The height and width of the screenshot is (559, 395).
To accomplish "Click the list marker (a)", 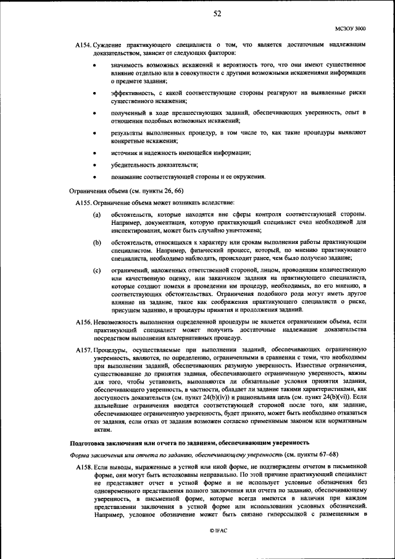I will coord(97,214).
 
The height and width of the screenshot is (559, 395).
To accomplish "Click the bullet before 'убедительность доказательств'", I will coord(94,164).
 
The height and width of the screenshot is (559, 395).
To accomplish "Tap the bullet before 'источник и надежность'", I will coord(94,152).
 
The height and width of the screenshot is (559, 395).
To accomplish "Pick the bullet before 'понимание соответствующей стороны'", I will coord(94,177).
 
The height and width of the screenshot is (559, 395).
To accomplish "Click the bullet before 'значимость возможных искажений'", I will coord(94,64).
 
